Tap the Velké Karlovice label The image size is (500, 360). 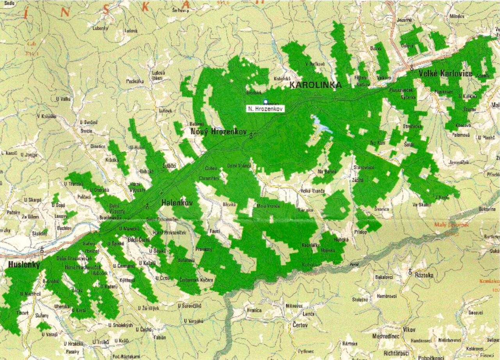point(445,74)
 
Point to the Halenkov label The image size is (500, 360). point(177,203)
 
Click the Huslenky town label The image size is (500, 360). point(23,265)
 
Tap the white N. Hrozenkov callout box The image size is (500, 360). point(265,109)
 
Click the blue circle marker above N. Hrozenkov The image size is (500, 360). point(265,102)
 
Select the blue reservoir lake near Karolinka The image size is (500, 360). point(321,124)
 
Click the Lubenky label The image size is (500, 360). point(100,28)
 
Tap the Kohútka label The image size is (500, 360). point(311,264)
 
